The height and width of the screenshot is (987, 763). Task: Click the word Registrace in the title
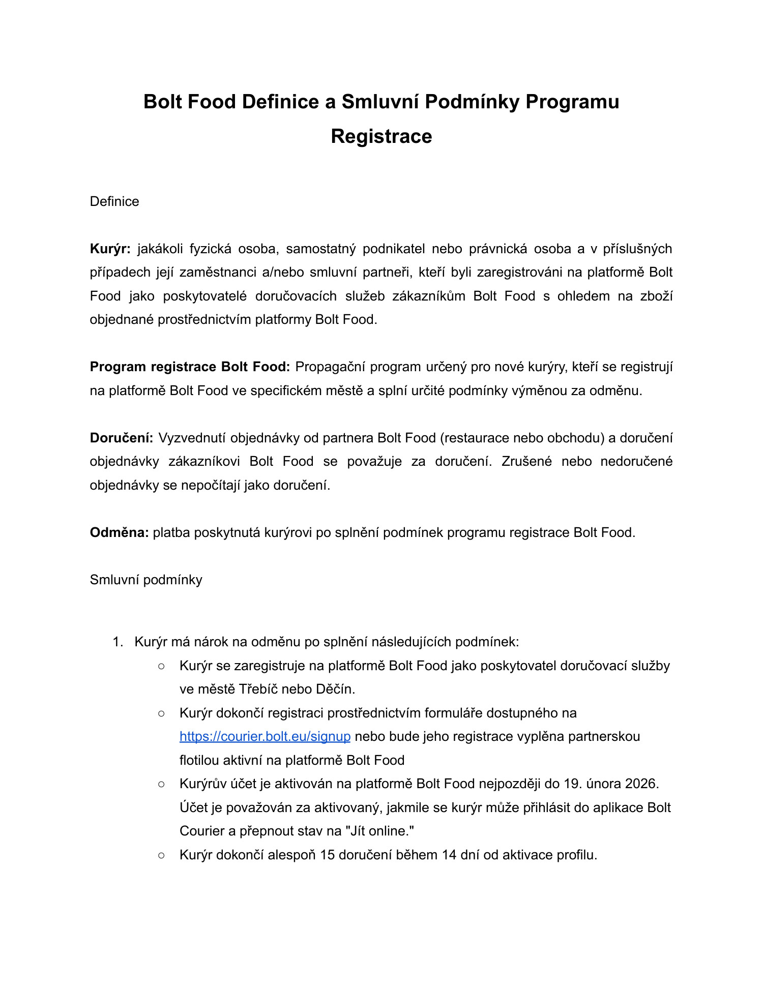point(381,136)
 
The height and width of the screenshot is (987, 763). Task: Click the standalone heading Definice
point(114,201)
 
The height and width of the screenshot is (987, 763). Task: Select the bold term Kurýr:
point(110,249)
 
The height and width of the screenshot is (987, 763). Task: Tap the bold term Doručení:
point(122,438)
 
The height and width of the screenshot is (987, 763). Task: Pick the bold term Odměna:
point(119,532)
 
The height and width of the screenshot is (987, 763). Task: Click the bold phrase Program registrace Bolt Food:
point(190,367)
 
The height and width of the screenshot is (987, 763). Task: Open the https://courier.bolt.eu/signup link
point(265,736)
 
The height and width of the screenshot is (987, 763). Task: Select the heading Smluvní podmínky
point(146,580)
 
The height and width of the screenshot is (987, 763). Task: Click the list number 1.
point(118,642)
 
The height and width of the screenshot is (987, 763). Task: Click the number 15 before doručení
point(328,855)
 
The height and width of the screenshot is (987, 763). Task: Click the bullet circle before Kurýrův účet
point(161,784)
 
